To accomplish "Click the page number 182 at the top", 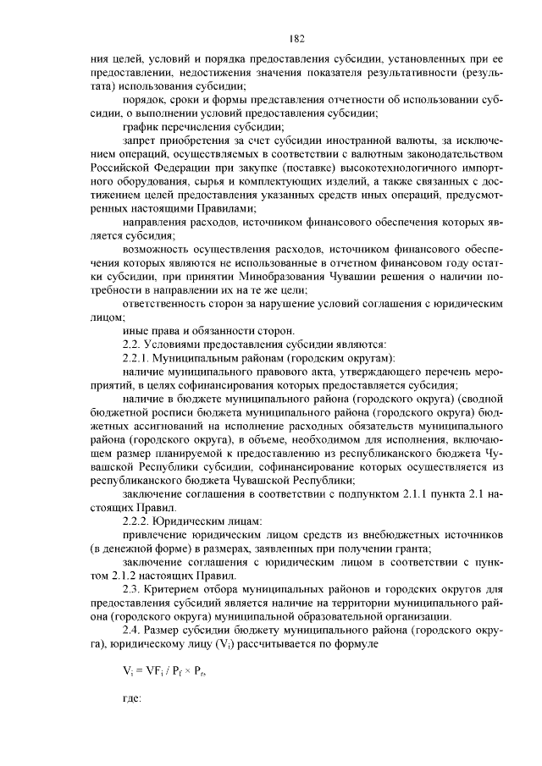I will [296, 38].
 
